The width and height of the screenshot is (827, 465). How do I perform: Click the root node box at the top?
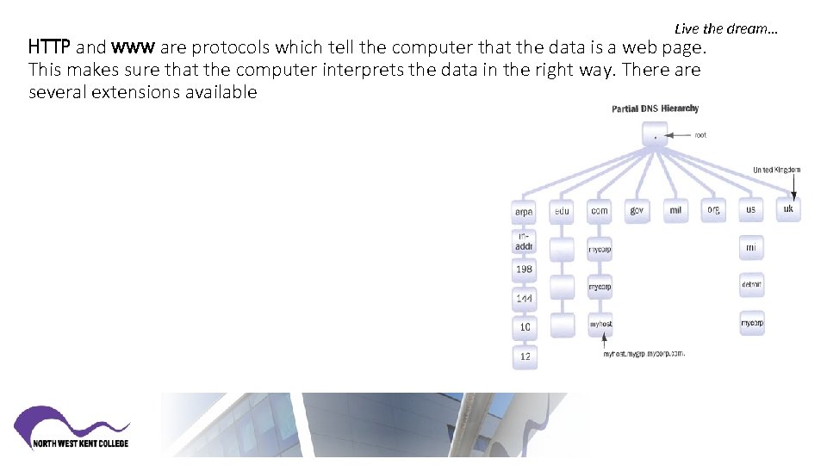coord(656,135)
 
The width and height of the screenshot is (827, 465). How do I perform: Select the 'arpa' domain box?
coord(524,211)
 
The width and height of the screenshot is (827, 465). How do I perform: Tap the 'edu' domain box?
coord(562,210)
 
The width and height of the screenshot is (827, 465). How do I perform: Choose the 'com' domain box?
coord(600,210)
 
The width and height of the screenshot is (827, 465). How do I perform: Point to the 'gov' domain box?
coord(637,210)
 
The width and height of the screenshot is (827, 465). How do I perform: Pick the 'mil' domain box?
coord(675,210)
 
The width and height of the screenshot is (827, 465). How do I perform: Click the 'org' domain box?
coord(713,210)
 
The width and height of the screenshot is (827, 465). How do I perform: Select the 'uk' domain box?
coord(788,209)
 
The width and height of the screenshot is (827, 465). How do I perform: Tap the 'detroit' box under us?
coord(751,284)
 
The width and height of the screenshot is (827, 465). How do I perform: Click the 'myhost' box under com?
coord(600,325)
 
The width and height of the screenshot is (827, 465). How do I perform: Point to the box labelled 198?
coord(524,270)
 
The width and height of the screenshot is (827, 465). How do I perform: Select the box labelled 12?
coord(525,356)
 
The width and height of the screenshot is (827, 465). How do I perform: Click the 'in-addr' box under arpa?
coord(524,242)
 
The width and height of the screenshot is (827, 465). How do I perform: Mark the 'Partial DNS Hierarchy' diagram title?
coord(655,108)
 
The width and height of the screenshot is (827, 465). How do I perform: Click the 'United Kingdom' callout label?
coord(776,170)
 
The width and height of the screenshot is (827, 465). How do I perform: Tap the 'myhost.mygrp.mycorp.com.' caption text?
coord(644,353)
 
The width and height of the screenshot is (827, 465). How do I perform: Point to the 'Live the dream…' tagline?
coord(726,28)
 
